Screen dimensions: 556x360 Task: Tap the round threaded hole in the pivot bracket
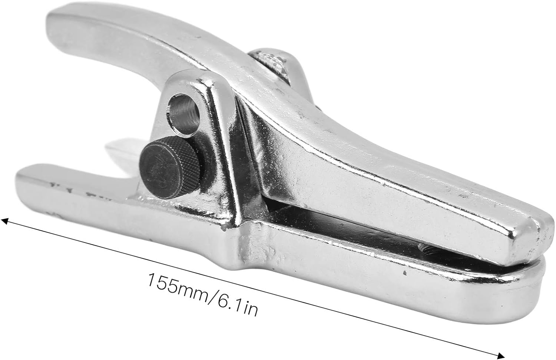click(x=183, y=115)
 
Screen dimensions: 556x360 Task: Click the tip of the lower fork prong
click(x=20, y=179)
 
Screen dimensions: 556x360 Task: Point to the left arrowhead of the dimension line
click(x=5, y=221)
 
